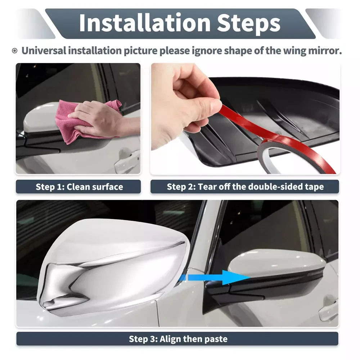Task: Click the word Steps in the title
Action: click(249, 23)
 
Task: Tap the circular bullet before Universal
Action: click(14, 51)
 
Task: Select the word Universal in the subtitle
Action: click(44, 50)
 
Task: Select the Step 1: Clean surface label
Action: click(78, 186)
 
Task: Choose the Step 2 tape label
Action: click(245, 186)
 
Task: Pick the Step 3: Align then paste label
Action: click(177, 339)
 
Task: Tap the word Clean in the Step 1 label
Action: click(78, 186)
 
